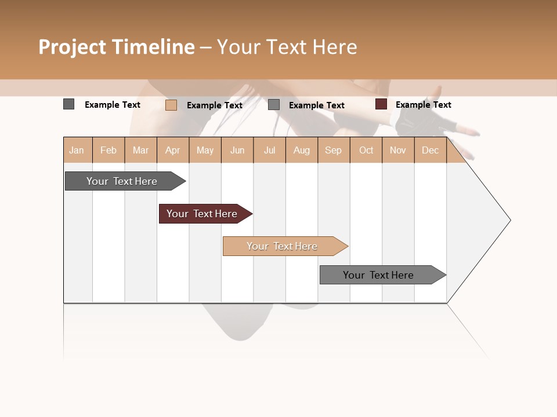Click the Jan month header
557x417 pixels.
[x=77, y=150]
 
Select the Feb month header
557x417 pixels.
[x=108, y=150]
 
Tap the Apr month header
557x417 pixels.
[x=173, y=150]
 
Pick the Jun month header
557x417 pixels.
[x=237, y=150]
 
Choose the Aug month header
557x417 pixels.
[x=302, y=150]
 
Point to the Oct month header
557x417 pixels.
[x=366, y=150]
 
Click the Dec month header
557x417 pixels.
[x=430, y=150]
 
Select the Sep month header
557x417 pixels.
[x=334, y=150]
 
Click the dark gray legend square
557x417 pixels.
[x=69, y=104]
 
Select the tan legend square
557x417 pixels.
[x=171, y=105]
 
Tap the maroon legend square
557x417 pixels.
[x=381, y=104]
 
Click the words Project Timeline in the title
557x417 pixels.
[x=117, y=47]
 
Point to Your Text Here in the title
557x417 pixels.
[x=287, y=47]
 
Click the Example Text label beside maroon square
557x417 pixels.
[x=423, y=105]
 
